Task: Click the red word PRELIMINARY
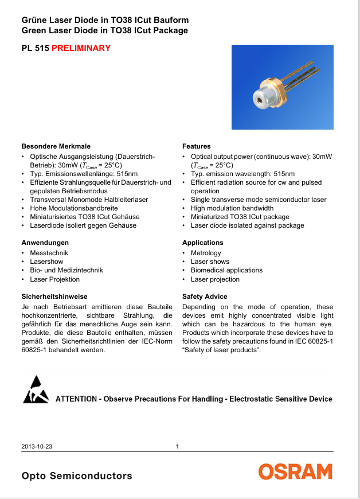pos(81,48)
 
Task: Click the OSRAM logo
pos(295,472)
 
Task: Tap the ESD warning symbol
pos(36,390)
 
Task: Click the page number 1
pos(178,447)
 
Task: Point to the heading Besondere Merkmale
pos(56,146)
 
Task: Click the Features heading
pos(197,146)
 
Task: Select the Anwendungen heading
pos(45,243)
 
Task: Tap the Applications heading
pos(203,243)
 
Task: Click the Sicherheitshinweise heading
pos(54,297)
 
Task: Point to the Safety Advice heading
pos(205,297)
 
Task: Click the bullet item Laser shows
pos(210,262)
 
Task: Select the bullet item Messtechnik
pos(49,253)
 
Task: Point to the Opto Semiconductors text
pos(77,476)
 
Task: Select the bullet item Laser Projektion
pos(55,279)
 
